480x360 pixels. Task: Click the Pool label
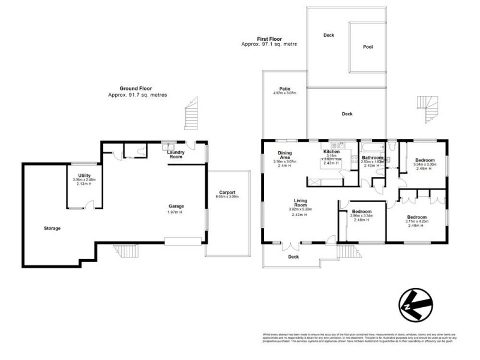click(368, 47)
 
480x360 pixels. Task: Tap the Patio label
click(285, 88)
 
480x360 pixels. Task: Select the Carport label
click(227, 193)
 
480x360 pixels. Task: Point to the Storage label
click(52, 228)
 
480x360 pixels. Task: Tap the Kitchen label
click(332, 152)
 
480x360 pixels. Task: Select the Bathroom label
click(372, 157)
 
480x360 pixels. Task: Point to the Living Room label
click(301, 203)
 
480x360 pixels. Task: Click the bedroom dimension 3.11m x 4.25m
click(416, 221)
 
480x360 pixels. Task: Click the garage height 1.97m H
click(175, 212)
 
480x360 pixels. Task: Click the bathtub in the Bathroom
click(372, 145)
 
